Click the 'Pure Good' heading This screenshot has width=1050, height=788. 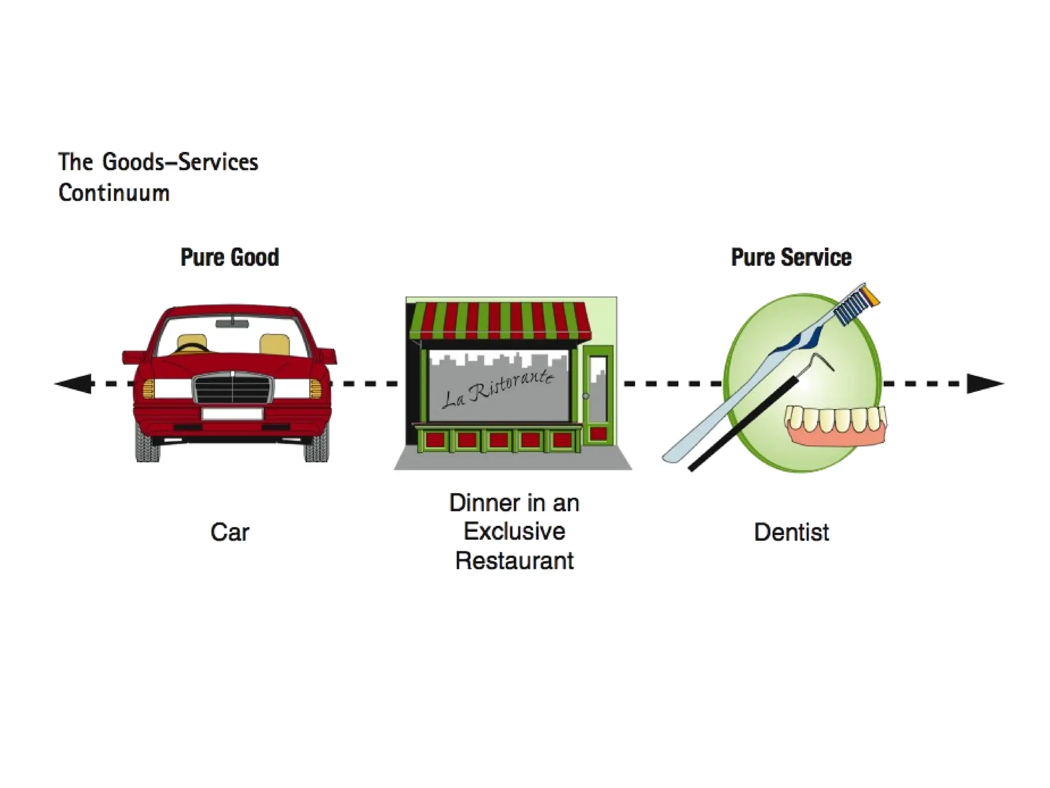click(x=230, y=257)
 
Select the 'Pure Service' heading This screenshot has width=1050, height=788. click(x=791, y=257)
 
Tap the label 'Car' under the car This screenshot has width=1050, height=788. click(x=230, y=532)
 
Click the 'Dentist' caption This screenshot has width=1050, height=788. click(x=791, y=532)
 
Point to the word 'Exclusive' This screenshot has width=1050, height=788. click(x=514, y=531)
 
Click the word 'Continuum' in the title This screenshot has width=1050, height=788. click(x=114, y=193)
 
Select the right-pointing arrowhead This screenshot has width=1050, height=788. click(x=983, y=384)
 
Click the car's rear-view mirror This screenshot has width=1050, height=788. click(x=232, y=324)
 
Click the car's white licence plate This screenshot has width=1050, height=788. click(x=232, y=413)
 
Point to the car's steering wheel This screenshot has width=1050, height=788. click(x=192, y=347)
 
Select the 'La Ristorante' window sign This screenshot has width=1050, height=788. click(x=497, y=390)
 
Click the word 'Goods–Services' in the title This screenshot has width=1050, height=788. click(x=180, y=162)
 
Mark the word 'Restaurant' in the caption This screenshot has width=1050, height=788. click(x=514, y=560)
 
